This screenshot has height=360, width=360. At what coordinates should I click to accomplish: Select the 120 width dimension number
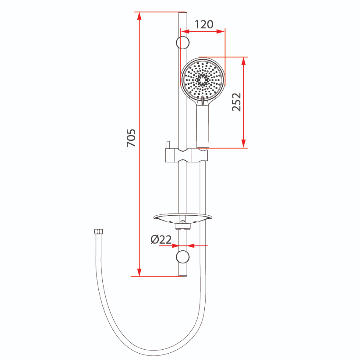[x=204, y=24]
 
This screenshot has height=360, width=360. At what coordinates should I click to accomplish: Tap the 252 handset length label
[x=236, y=102]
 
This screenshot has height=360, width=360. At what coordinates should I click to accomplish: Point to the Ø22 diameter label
[x=161, y=240]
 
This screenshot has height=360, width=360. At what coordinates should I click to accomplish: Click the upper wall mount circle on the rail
[x=182, y=42]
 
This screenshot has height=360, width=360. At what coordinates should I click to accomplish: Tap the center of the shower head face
[x=202, y=80]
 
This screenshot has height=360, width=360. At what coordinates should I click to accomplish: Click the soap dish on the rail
[x=182, y=218]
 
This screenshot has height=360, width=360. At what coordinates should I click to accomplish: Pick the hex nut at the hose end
[x=98, y=231]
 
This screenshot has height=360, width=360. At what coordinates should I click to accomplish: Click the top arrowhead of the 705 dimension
[x=139, y=16]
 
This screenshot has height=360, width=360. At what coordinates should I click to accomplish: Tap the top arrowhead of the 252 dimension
[x=244, y=61]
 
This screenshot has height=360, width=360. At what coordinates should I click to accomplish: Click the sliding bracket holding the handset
[x=186, y=155]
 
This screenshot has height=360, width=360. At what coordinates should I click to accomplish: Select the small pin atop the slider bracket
[x=168, y=145]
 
